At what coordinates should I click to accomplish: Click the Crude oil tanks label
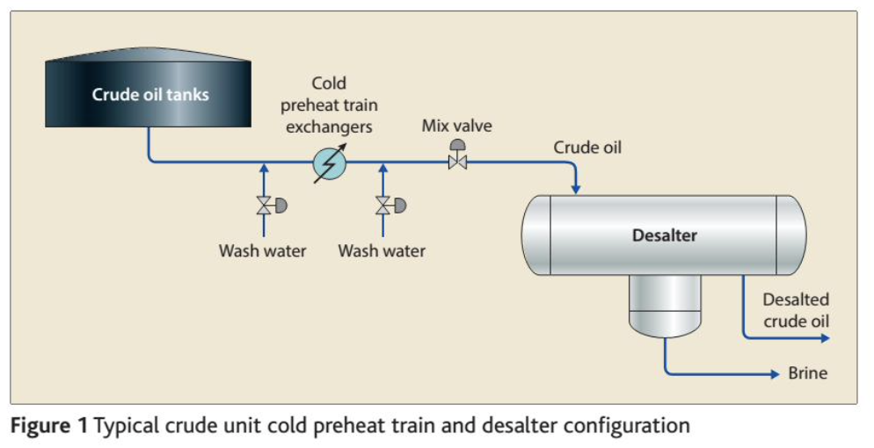[150, 94]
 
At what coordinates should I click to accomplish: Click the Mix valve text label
[456, 126]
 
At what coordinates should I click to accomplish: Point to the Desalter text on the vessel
[664, 235]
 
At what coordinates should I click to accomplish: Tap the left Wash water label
[262, 251]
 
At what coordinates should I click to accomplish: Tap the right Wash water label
[382, 251]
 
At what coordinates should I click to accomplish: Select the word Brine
[807, 373]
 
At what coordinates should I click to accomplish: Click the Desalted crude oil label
[796, 310]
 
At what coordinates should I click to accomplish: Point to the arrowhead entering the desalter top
[576, 188]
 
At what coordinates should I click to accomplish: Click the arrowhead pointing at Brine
[775, 374]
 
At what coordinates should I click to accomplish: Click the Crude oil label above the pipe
[586, 148]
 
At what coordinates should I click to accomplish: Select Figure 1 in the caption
[49, 426]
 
